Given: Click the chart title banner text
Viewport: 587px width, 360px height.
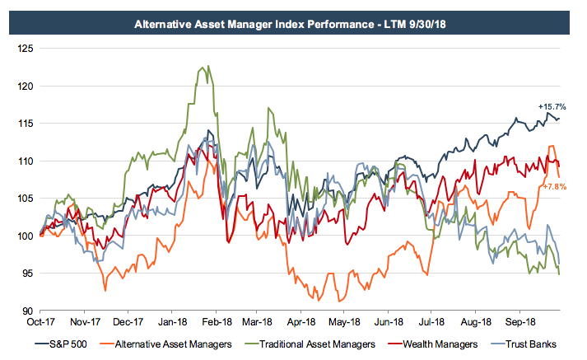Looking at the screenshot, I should pyautogui.click(x=293, y=24).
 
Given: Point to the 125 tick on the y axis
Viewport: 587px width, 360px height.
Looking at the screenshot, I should pyautogui.click(x=26, y=49).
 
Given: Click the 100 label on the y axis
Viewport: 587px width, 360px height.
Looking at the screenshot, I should pyautogui.click(x=26, y=236).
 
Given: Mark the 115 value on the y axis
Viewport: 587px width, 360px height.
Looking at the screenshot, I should pyautogui.click(x=26, y=124).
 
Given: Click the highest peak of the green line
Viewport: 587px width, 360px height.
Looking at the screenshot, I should pyautogui.click(x=208, y=66).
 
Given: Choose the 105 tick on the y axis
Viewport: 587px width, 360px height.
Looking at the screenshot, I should pyautogui.click(x=26, y=199).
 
